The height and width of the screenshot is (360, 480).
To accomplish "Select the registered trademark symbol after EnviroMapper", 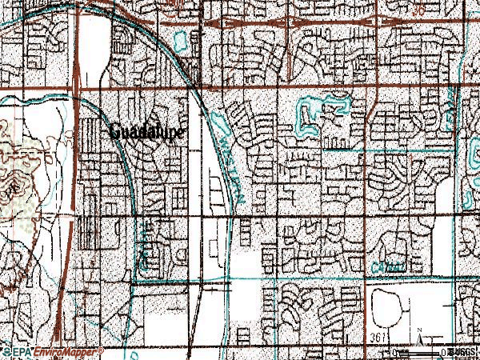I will click(102, 350).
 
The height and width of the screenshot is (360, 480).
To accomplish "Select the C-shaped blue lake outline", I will click(307, 116).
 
